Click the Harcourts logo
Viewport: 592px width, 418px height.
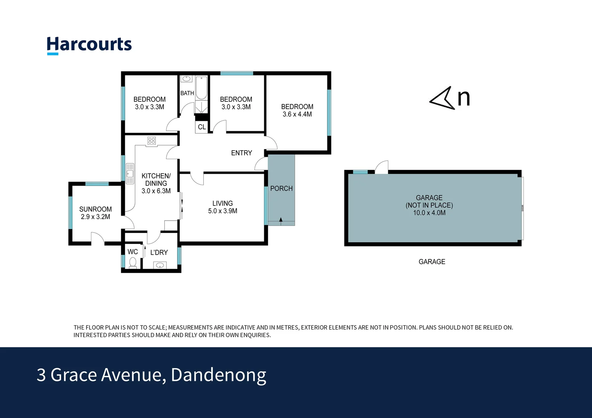tap(89, 45)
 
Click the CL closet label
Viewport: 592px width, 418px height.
tap(201, 127)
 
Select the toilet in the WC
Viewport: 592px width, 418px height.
tap(133, 262)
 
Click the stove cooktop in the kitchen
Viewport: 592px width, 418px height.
tap(151, 140)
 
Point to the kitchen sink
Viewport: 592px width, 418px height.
tap(130, 173)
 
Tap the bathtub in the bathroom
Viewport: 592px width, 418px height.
tap(201, 88)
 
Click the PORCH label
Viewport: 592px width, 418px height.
tap(281, 188)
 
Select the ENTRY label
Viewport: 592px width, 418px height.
tap(241, 153)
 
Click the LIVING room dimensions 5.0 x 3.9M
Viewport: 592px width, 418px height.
tap(222, 211)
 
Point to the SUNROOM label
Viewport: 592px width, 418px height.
tap(95, 209)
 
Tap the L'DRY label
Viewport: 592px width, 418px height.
tap(159, 252)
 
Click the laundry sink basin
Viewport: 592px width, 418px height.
tap(160, 265)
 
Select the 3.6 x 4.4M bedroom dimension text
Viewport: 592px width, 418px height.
tap(297, 114)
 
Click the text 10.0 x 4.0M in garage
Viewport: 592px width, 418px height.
tap(429, 213)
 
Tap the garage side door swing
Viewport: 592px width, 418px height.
tap(382, 167)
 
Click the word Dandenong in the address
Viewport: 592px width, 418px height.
tap(219, 375)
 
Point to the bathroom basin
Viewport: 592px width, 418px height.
tap(186, 79)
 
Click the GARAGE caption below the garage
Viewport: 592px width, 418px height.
tap(432, 262)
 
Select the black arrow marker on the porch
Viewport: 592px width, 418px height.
tap(281, 220)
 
